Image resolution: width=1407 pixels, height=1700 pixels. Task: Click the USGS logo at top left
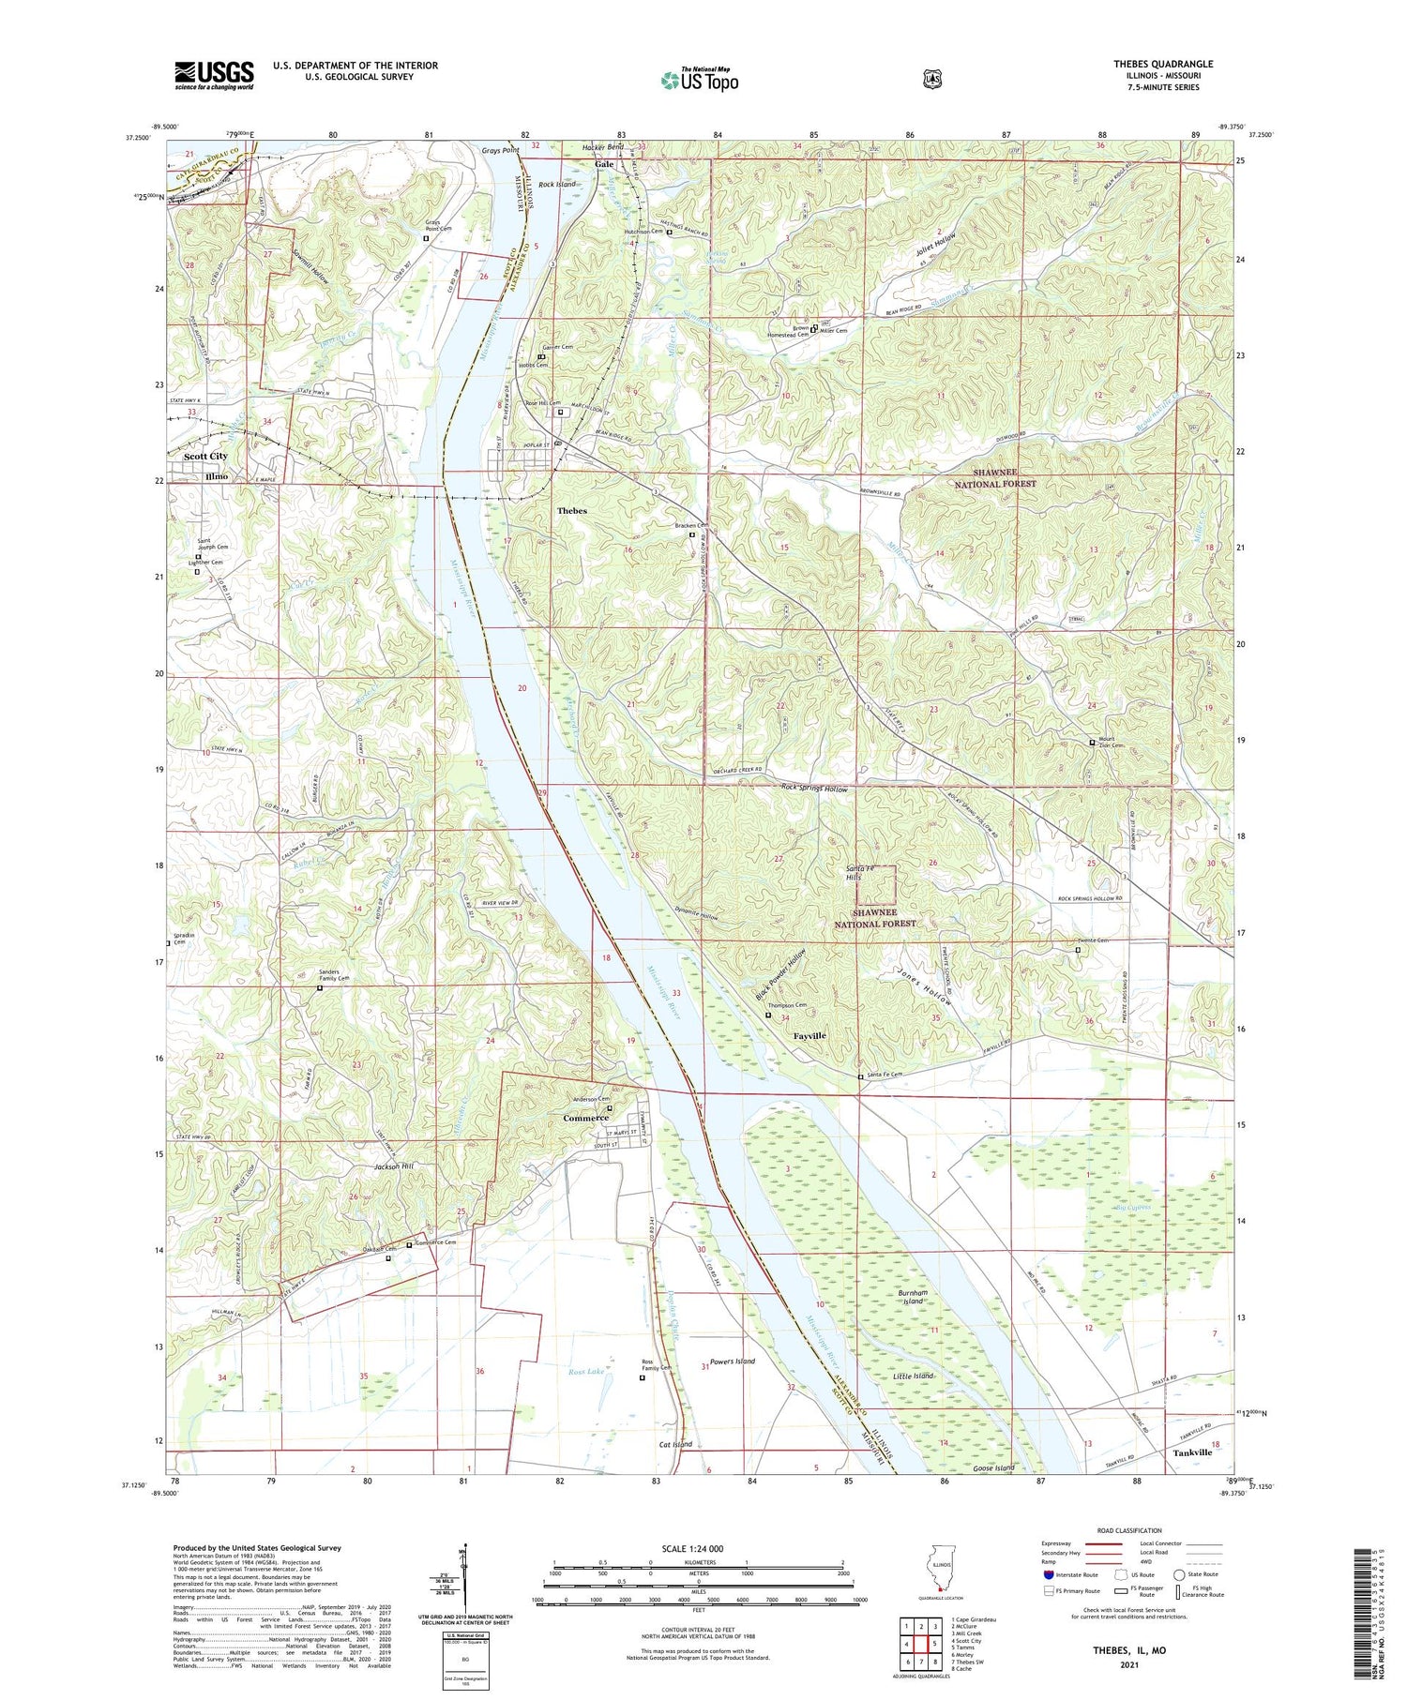214,75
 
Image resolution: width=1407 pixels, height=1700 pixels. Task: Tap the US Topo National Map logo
699,80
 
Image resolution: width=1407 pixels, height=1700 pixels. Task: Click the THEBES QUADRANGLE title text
1163,64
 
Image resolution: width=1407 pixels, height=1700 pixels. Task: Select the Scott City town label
205,456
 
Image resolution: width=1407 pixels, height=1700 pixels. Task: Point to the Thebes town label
571,511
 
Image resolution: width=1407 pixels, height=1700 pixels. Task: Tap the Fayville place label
809,1036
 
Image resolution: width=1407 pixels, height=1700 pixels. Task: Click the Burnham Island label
913,1298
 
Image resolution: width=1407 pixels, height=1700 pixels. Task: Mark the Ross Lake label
586,1371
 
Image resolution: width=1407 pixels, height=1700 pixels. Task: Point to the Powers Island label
732,1361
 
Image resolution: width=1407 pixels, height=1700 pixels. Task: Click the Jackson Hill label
393,1166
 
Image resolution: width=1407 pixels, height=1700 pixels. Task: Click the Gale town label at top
604,164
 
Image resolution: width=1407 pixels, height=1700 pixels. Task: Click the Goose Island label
993,1468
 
